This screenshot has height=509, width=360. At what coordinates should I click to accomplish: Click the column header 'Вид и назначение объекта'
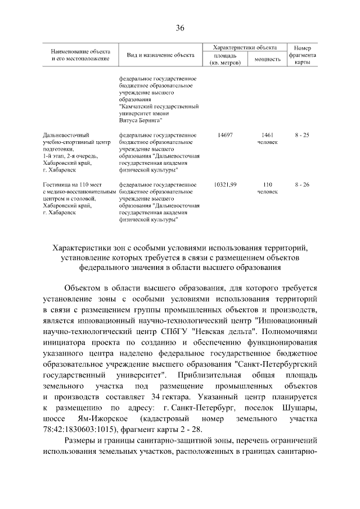161,55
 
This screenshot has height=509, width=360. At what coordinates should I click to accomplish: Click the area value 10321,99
226,184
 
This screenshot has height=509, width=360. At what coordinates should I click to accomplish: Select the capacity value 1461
267,136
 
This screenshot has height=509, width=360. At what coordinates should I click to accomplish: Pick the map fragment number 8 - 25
302,136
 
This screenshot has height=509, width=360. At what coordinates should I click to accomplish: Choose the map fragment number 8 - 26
302,184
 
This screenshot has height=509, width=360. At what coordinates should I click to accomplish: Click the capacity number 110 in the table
267,184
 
